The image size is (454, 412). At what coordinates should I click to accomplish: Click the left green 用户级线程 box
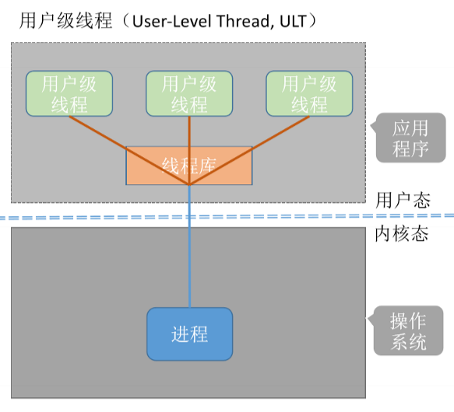coord(69,94)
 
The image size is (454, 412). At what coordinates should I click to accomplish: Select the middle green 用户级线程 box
coord(189,94)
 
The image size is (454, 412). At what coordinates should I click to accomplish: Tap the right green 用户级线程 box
coord(309,94)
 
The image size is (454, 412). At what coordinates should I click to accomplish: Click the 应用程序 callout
coord(411,138)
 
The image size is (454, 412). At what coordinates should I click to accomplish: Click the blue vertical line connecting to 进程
coord(189,249)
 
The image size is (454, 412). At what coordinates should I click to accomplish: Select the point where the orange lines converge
coord(189,184)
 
